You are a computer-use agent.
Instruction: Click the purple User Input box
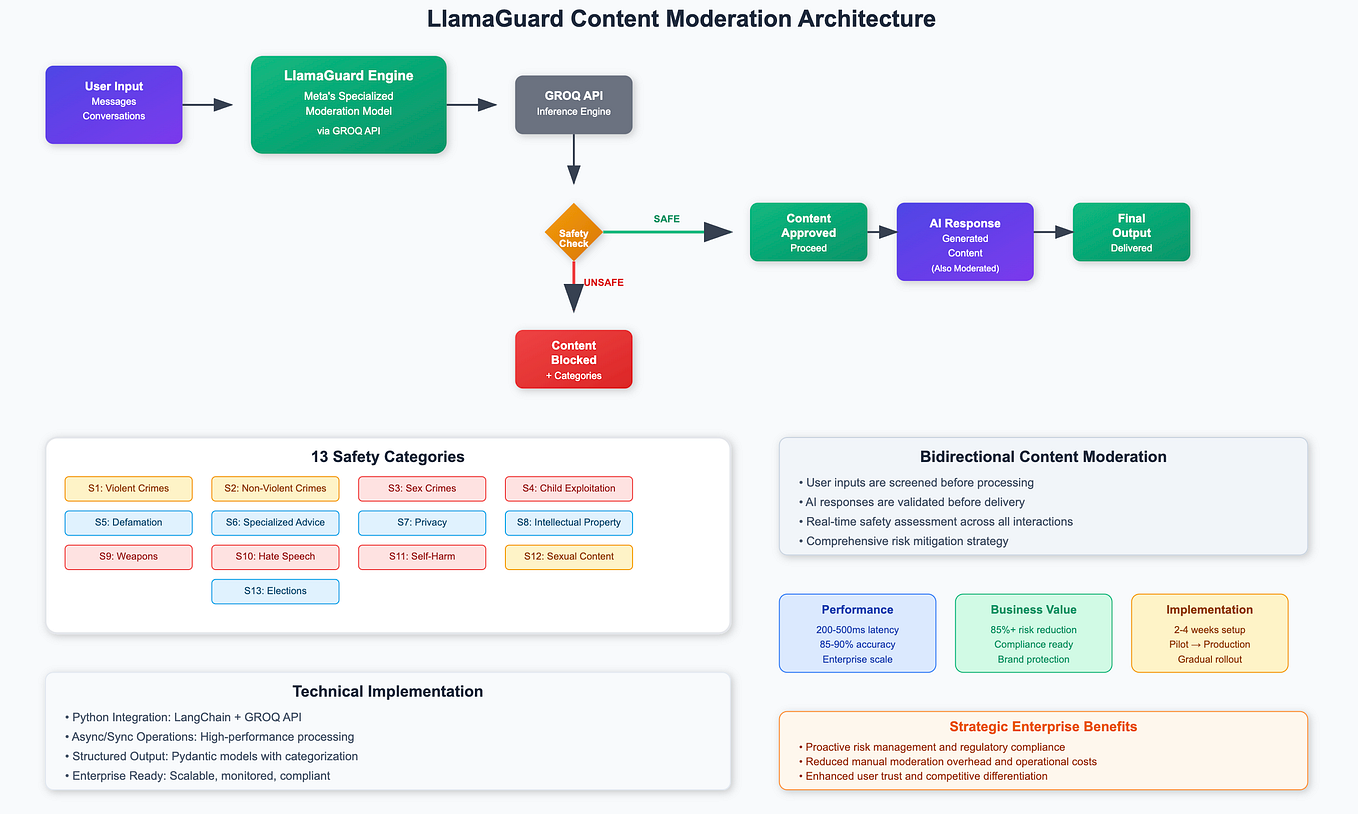coord(114,105)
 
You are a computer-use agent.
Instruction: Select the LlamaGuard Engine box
coord(348,105)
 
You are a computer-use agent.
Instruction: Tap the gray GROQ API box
coord(573,104)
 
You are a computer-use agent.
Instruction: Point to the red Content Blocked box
coord(573,359)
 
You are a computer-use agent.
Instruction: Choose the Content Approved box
coord(808,232)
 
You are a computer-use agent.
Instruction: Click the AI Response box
coord(965,241)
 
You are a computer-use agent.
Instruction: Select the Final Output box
coord(1131,232)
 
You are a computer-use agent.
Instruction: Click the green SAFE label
coord(667,218)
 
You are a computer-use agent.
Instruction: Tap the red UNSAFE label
coord(603,283)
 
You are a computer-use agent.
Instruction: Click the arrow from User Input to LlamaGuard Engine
coord(207,105)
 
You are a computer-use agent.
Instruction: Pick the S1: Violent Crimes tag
coord(128,489)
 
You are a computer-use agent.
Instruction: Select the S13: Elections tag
coord(275,591)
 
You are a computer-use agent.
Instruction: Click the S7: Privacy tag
coord(422,523)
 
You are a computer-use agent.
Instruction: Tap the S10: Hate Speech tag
coord(275,557)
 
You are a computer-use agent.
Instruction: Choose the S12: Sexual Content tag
coord(569,557)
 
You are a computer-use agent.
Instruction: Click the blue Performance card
coord(857,633)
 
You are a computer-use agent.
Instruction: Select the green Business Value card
coord(1033,633)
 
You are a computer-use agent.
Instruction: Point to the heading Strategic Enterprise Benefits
coord(1043,727)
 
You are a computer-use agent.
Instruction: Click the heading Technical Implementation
coord(387,691)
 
